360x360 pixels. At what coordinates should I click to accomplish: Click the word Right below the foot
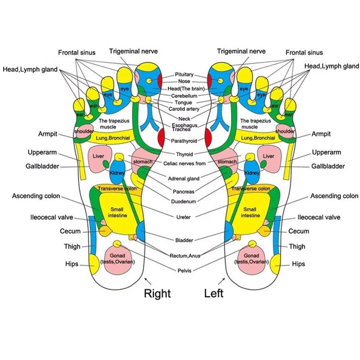pos(157,293)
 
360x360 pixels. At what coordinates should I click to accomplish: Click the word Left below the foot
pos(213,293)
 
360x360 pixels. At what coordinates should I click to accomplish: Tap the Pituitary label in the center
pos(184,75)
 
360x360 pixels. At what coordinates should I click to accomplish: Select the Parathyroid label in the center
pos(184,141)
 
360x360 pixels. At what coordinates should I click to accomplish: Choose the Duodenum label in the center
pos(185,201)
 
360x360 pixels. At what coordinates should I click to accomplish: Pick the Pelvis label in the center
pos(184,270)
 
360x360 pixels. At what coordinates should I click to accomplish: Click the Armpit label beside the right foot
pos(48,134)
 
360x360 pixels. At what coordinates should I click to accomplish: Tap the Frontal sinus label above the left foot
pos(304,52)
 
